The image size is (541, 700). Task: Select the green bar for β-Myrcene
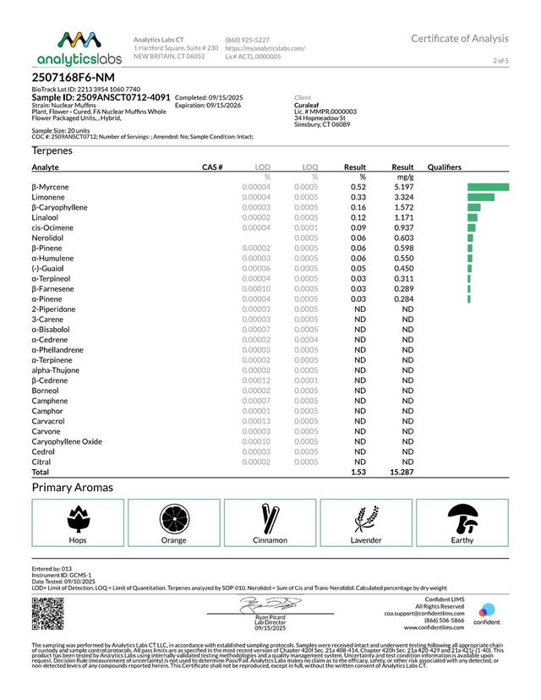488,187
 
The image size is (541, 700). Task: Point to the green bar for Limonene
480,197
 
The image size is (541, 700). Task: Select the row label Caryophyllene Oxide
67,441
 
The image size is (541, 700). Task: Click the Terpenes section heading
52,150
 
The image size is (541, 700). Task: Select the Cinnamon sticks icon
270,518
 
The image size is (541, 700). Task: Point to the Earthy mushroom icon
462,518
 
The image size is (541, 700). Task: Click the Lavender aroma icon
366,518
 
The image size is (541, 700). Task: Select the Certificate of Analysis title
460,39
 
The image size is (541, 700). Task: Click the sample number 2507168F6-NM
68,77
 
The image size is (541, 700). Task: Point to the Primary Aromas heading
73,488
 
